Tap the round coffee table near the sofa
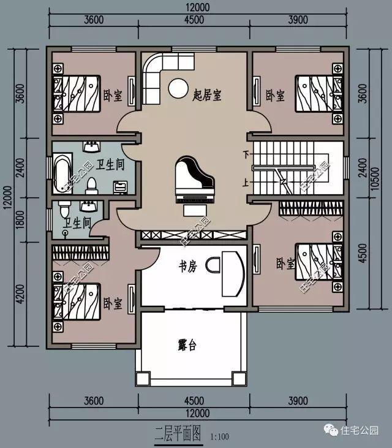(178, 88)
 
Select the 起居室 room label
(207, 95)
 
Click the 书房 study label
(187, 267)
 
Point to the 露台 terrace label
(187, 345)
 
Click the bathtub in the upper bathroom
(62, 173)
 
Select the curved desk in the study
(233, 274)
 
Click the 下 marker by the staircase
(246, 154)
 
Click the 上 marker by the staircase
(246, 182)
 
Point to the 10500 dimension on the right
(376, 179)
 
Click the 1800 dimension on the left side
(20, 220)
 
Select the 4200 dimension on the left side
(20, 294)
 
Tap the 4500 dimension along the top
(194, 20)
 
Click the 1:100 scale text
(220, 436)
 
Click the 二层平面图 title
(178, 433)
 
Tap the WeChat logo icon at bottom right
(331, 430)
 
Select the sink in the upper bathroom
(92, 146)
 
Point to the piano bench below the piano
(195, 211)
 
